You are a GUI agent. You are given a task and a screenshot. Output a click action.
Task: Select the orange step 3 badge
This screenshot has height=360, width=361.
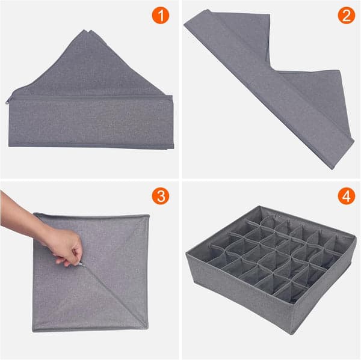coord(161,196)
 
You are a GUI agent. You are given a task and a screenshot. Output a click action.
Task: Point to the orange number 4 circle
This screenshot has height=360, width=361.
coord(346,196)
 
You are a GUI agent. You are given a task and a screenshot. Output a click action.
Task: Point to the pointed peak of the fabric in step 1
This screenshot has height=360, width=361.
coord(90,30)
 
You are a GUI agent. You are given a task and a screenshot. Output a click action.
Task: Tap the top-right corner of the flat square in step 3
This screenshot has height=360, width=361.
coord(148,215)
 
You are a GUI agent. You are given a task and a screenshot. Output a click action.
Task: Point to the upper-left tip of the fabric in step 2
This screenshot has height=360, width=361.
coord(186,18)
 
